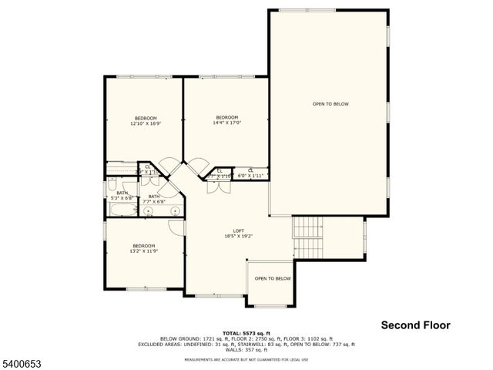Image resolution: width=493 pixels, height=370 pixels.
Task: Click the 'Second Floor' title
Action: tap(416, 325)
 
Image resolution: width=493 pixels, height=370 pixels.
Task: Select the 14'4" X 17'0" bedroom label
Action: tap(227, 119)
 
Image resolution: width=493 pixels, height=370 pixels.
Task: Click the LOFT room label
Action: tap(239, 234)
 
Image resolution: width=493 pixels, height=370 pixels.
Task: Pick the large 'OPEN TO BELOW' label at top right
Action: tap(330, 103)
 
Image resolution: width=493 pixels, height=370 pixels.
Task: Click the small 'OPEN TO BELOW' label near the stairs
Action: tap(273, 278)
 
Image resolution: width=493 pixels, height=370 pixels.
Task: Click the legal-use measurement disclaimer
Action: tap(246, 359)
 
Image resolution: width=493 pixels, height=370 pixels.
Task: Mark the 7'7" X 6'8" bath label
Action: tap(154, 199)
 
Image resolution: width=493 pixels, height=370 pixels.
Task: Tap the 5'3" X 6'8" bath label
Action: tap(122, 195)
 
